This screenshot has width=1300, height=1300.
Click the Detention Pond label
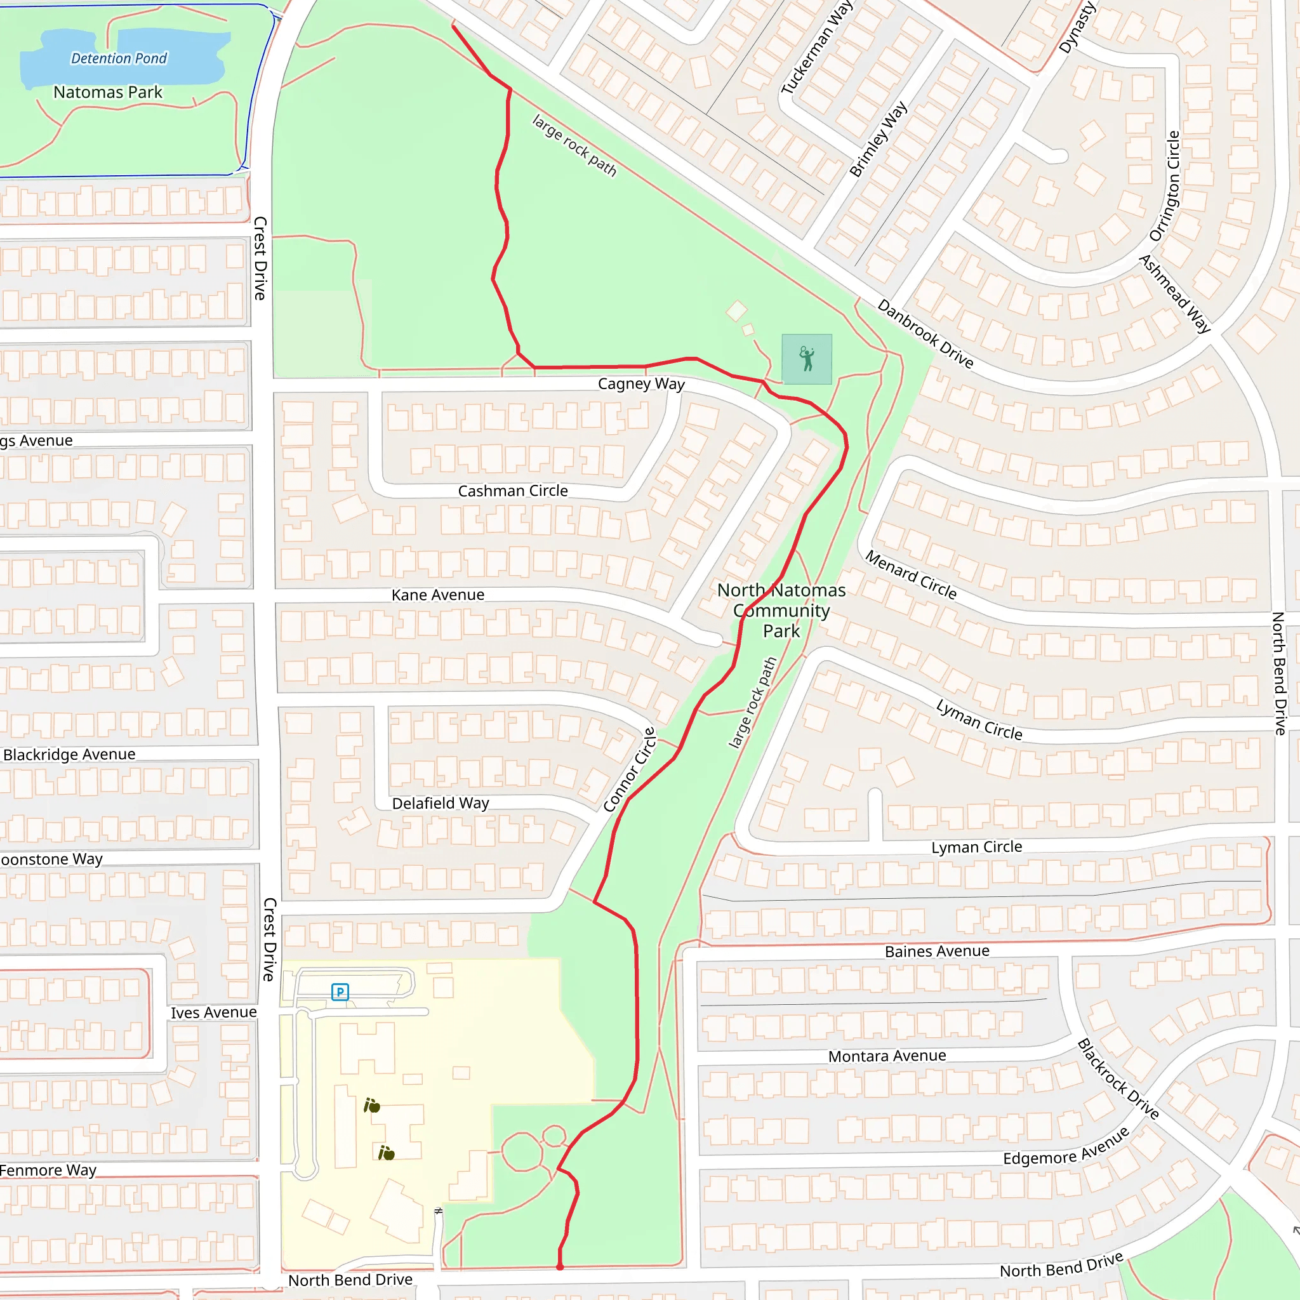pyautogui.click(x=119, y=58)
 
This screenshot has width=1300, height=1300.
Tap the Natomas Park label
pyautogui.click(x=108, y=92)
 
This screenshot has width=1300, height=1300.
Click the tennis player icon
pyautogui.click(x=807, y=359)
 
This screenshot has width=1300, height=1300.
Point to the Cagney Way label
pyautogui.click(x=641, y=383)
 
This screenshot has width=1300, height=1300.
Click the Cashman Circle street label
pyautogui.click(x=513, y=491)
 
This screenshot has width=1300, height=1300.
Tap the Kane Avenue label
pyautogui.click(x=438, y=595)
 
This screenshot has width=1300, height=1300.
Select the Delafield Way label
pyautogui.click(x=441, y=804)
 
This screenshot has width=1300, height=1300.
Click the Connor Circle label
pyautogui.click(x=629, y=770)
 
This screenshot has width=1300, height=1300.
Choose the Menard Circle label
pyautogui.click(x=910, y=574)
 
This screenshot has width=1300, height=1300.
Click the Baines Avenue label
pyautogui.click(x=937, y=952)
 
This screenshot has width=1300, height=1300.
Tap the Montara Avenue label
pyautogui.click(x=887, y=1056)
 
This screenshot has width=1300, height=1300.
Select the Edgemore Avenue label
pyautogui.click(x=1066, y=1146)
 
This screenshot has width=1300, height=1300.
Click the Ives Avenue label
pyautogui.click(x=213, y=1012)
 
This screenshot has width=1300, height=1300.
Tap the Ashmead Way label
pyautogui.click(x=1175, y=293)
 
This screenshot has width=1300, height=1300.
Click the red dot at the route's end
pyautogui.click(x=560, y=1267)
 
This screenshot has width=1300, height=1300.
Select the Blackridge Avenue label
pyautogui.click(x=69, y=754)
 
